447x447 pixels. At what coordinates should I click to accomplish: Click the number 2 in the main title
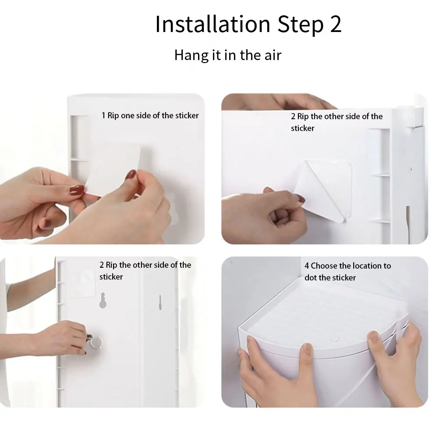336,24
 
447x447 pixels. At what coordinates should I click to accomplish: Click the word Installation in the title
213,24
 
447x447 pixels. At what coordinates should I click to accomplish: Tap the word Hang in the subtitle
191,55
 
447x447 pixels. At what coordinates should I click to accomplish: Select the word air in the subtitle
273,55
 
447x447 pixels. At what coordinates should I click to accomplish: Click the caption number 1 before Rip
103,115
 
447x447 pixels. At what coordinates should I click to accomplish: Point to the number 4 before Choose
307,266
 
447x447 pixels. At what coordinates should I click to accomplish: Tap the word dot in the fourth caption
309,277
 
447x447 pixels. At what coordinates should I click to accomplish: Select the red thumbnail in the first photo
77,190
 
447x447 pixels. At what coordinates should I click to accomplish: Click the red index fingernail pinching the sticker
131,174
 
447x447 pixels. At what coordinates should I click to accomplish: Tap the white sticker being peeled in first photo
114,168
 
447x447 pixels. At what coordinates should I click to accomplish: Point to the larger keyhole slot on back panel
103,300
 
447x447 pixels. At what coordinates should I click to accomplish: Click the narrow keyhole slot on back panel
160,302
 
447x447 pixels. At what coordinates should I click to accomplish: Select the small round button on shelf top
335,339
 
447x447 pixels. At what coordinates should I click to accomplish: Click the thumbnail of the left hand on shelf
307,350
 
